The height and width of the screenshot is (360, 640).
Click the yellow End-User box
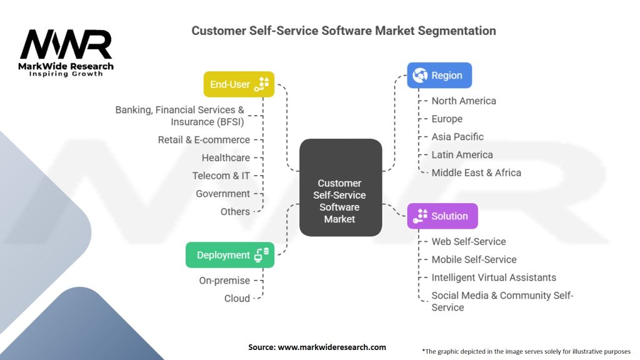(x=239, y=84)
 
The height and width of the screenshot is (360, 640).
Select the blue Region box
(x=439, y=76)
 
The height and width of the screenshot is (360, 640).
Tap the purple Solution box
(x=442, y=216)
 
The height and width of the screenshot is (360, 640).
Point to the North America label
(x=464, y=101)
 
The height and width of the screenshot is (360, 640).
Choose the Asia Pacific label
(x=457, y=137)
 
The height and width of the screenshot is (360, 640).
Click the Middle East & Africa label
(x=476, y=172)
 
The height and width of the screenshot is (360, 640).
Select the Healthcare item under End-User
(x=226, y=157)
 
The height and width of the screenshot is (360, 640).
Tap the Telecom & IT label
(x=221, y=176)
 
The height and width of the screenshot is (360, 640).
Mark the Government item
(x=222, y=194)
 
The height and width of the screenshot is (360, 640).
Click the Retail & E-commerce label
(x=204, y=140)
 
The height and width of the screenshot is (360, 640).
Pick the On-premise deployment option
(x=224, y=281)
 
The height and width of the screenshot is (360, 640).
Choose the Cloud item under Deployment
(x=237, y=299)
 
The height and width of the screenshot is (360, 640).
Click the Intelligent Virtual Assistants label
(x=494, y=277)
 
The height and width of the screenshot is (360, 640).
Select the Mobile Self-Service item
(x=474, y=259)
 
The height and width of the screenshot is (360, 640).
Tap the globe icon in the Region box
(x=419, y=76)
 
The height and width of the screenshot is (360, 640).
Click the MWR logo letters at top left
(x=66, y=45)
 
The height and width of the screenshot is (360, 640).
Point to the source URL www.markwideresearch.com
(x=331, y=347)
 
